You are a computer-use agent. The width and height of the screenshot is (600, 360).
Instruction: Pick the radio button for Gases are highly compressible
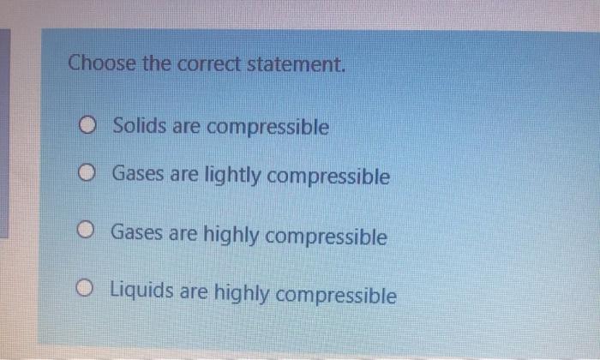(87, 231)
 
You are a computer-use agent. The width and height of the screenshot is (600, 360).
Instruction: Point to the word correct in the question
(218, 63)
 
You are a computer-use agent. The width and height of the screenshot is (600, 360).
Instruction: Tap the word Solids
(140, 127)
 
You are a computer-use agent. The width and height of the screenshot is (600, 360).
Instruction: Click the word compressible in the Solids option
(267, 128)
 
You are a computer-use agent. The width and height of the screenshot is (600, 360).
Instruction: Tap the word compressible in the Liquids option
(337, 296)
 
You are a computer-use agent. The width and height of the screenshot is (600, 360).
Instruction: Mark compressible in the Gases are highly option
(327, 237)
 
